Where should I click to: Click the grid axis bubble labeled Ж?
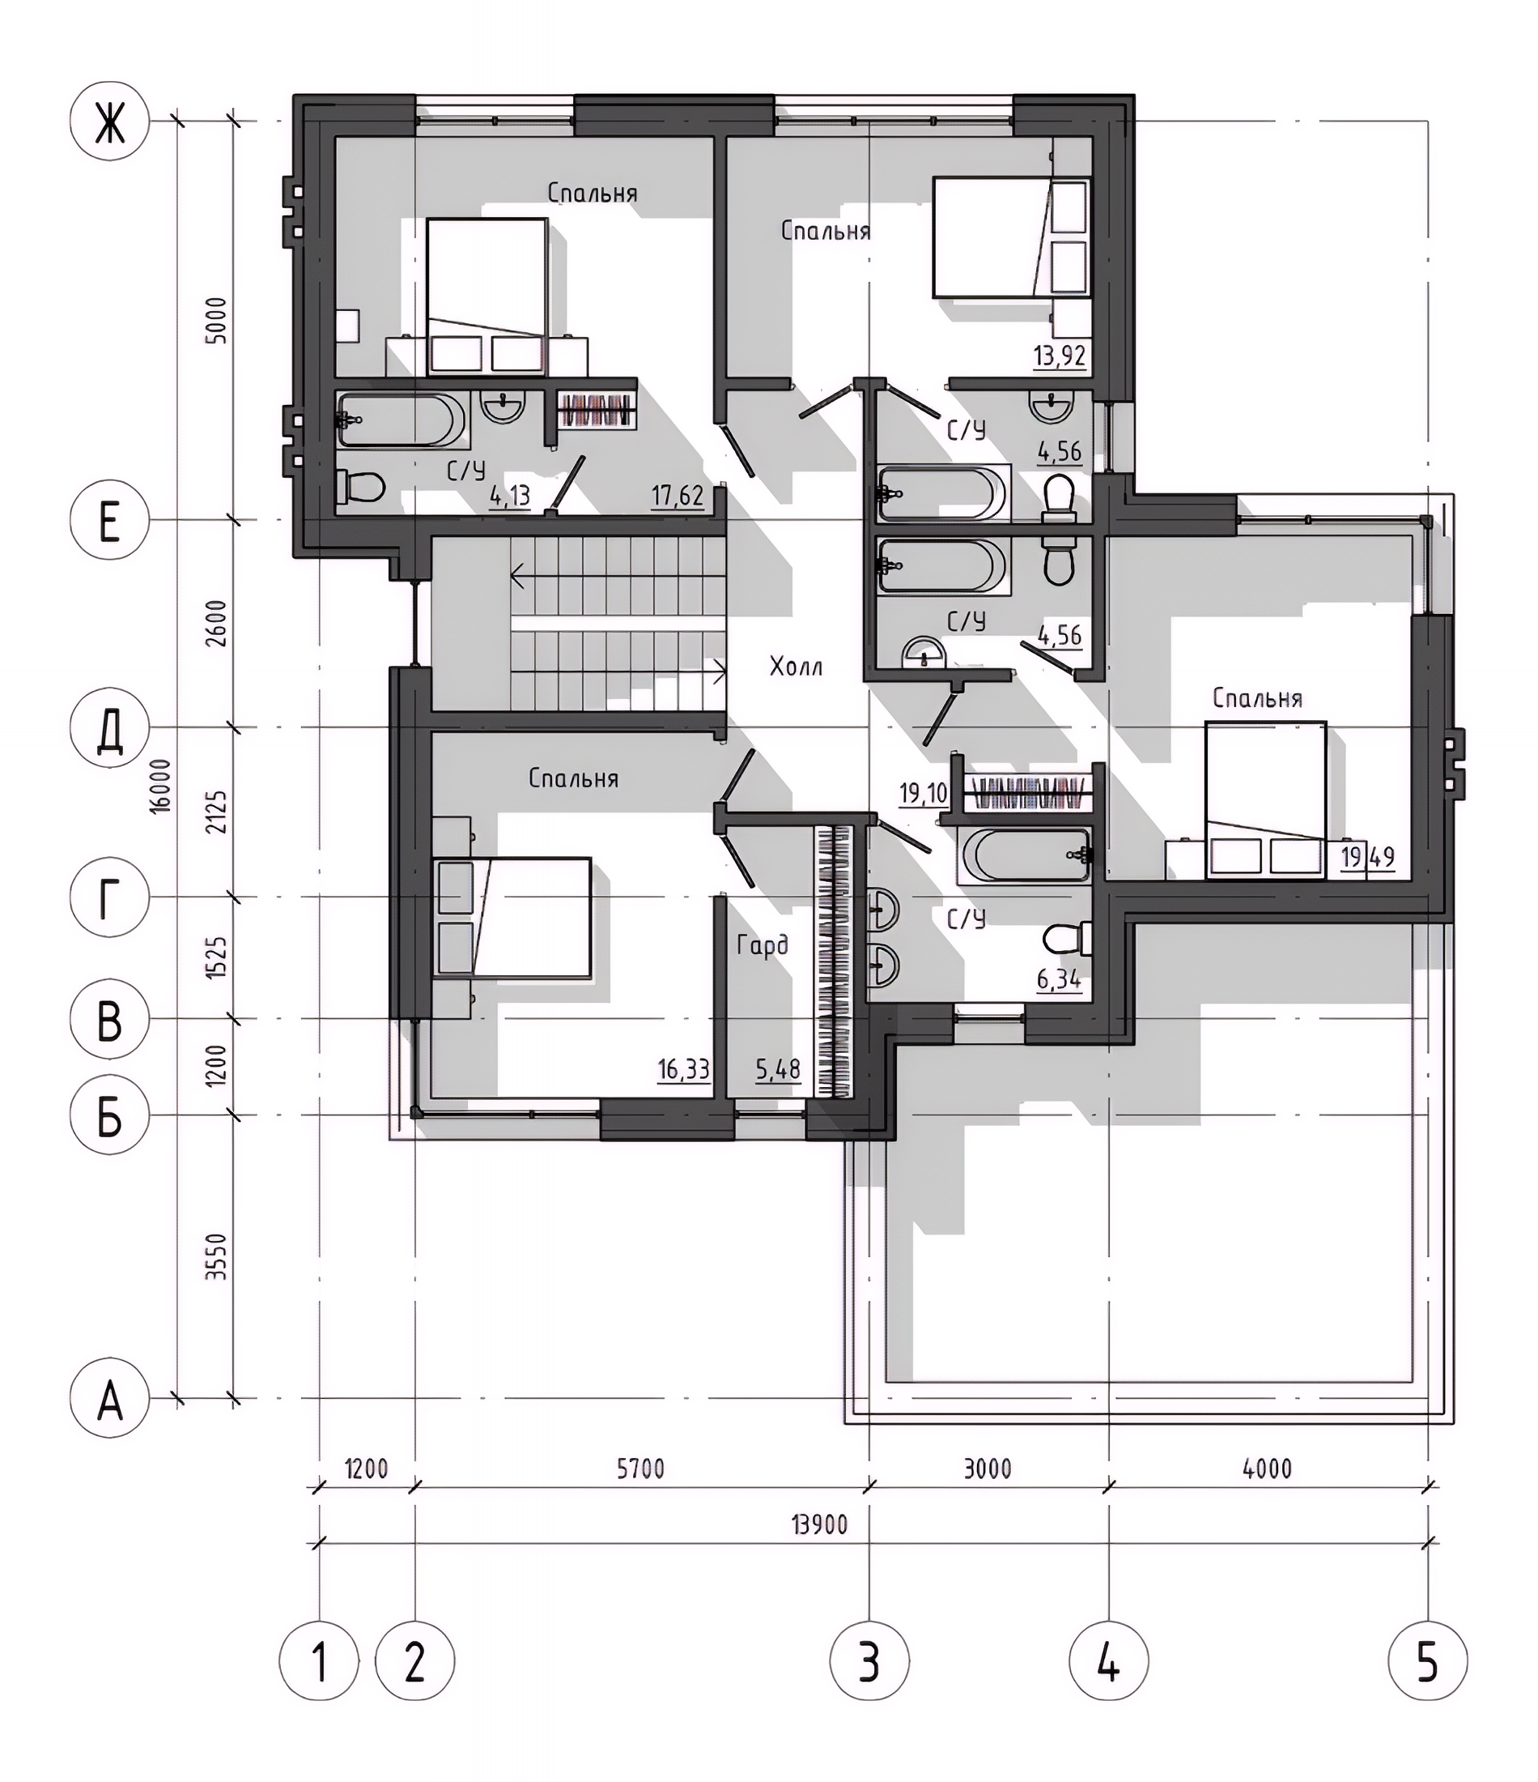click(x=109, y=122)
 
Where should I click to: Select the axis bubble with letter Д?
click(x=109, y=727)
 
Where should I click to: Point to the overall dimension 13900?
click(x=819, y=1525)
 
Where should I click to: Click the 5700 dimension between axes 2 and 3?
click(x=640, y=1468)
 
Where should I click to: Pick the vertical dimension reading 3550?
click(x=218, y=1256)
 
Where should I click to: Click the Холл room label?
click(x=796, y=667)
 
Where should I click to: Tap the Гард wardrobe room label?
click(x=763, y=946)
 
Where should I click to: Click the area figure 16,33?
click(x=684, y=1069)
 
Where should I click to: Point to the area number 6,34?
click(x=1059, y=978)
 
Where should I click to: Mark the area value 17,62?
click(x=678, y=497)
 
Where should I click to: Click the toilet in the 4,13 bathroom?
click(x=360, y=488)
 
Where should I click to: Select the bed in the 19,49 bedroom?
click(x=1265, y=799)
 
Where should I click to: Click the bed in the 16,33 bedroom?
click(x=512, y=918)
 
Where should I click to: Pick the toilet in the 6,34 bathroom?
click(x=1068, y=938)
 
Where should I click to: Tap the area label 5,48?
click(x=778, y=1069)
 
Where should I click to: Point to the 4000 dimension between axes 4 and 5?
click(x=1268, y=1468)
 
